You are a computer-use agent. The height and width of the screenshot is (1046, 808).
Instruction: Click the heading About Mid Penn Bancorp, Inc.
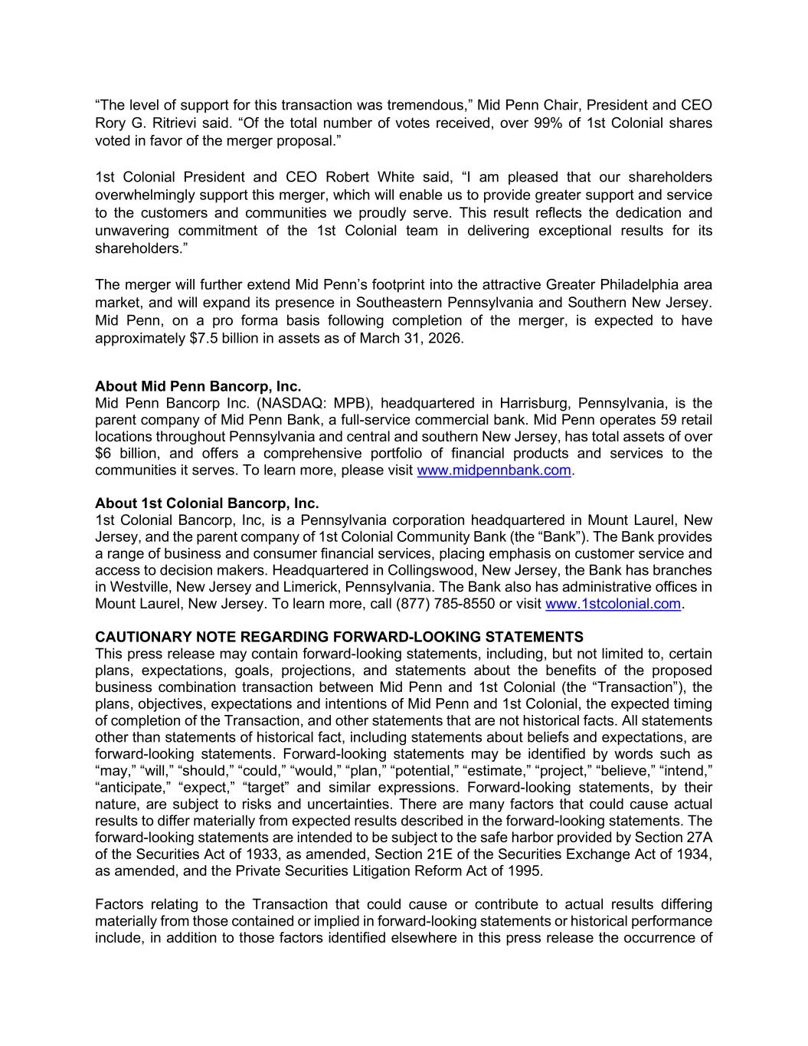click(x=198, y=386)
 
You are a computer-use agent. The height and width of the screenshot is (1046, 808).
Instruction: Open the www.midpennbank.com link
click(x=494, y=471)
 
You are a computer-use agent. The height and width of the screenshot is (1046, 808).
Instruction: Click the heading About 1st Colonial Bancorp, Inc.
click(x=206, y=503)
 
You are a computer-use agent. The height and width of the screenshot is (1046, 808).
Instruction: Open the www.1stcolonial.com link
click(x=613, y=605)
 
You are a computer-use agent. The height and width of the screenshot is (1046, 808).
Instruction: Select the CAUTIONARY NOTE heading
click(x=339, y=638)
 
